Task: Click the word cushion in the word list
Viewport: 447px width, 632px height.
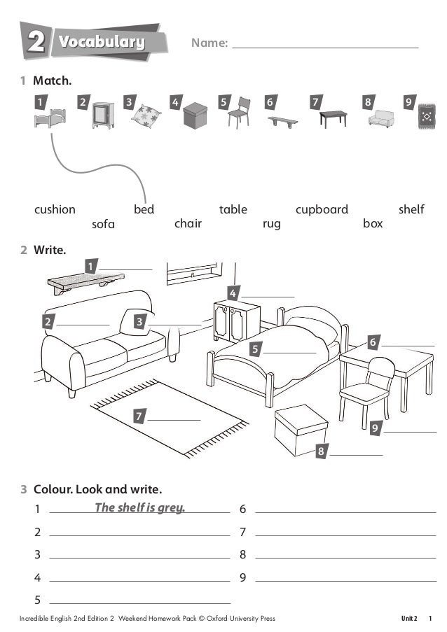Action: [x=55, y=209]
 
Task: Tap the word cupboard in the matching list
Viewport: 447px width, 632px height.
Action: [x=322, y=209]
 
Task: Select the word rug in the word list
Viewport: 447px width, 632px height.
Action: [x=271, y=224]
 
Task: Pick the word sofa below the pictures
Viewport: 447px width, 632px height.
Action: [x=103, y=224]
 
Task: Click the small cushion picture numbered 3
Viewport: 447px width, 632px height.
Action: [x=147, y=115]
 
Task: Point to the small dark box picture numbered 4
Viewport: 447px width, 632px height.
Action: [x=195, y=115]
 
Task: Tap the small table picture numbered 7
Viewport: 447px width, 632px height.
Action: [x=333, y=118]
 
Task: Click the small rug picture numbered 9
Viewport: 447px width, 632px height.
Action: [x=426, y=115]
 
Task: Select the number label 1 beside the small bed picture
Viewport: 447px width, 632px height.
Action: [x=41, y=102]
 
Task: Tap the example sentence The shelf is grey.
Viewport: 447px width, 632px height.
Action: [x=140, y=508]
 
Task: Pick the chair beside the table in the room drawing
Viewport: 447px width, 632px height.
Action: [x=366, y=388]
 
